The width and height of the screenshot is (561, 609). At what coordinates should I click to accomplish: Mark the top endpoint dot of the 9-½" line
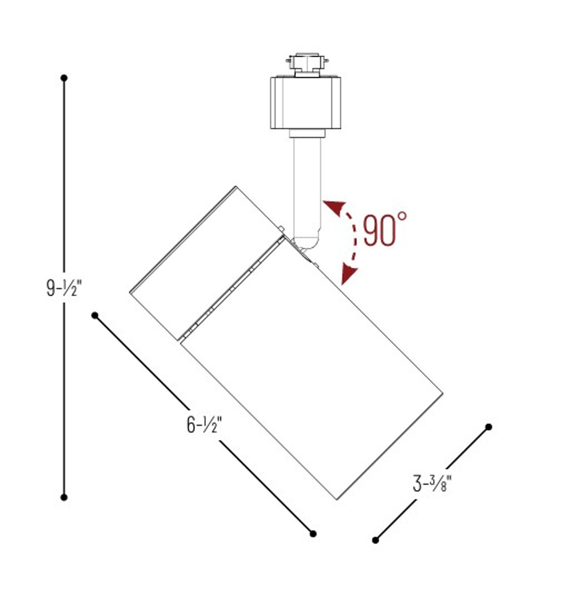coord(64,78)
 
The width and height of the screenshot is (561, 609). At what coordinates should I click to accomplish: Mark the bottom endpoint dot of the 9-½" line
coord(64,497)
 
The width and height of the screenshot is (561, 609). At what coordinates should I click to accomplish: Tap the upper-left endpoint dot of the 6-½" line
coord(95,315)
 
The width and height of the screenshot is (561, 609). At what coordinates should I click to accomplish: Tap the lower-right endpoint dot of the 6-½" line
coord(313,534)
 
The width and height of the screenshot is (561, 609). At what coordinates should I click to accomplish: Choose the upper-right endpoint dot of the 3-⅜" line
coord(488,427)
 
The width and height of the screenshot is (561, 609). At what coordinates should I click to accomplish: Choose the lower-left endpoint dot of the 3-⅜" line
coord(376,540)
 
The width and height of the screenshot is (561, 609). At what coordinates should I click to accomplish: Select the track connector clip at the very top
coord(307,63)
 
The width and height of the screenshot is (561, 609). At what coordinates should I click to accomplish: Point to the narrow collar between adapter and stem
coord(307,133)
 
